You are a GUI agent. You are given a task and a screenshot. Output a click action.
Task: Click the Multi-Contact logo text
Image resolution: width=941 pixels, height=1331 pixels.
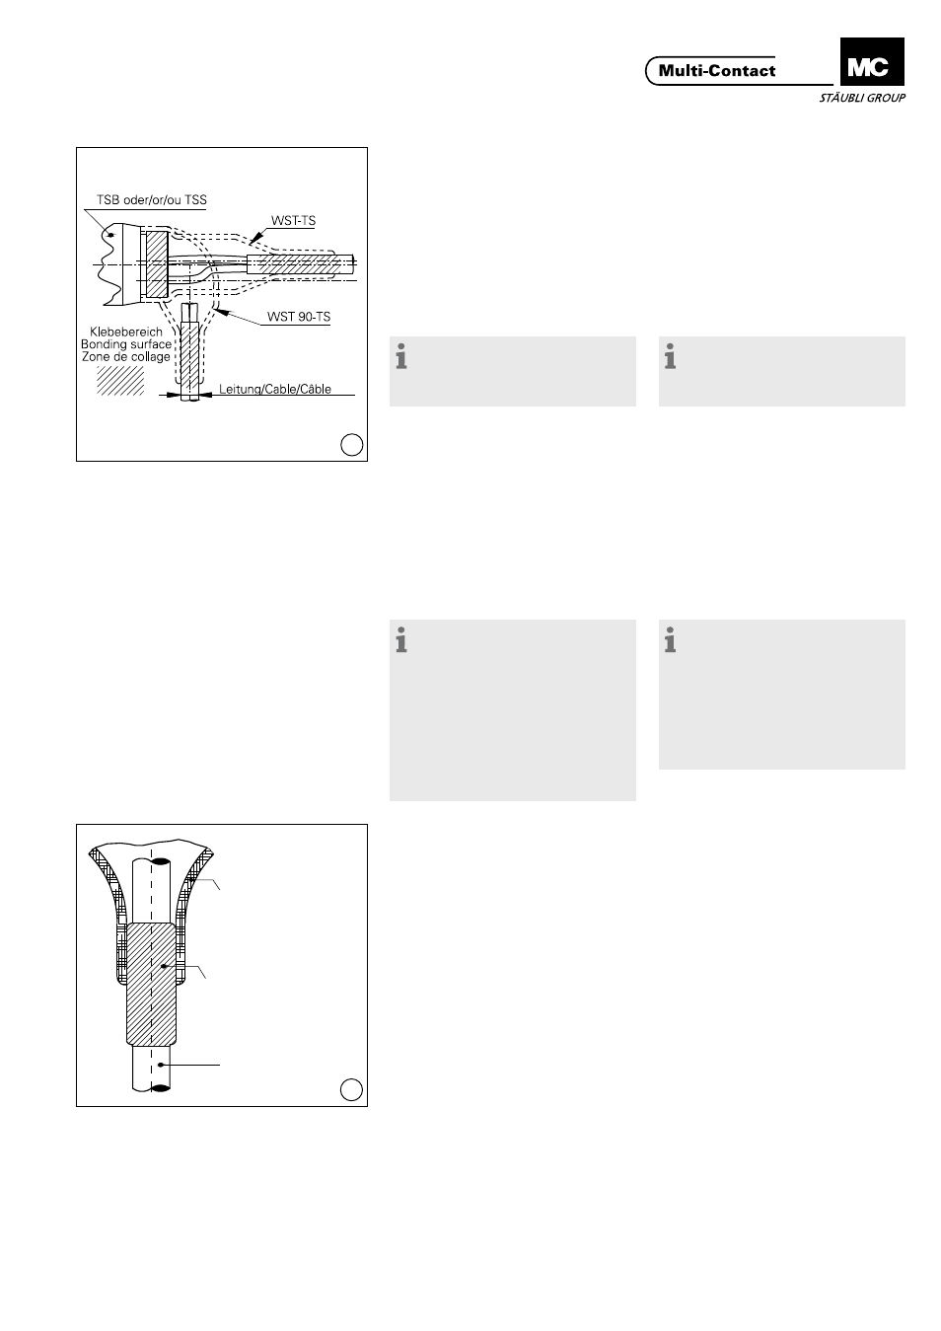click(716, 71)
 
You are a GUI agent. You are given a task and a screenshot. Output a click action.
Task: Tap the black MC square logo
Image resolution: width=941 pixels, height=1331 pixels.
click(872, 62)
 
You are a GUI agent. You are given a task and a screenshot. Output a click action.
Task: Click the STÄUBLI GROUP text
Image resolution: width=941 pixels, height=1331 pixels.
click(862, 98)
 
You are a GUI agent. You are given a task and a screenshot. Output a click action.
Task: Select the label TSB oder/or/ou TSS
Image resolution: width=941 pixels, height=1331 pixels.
click(152, 199)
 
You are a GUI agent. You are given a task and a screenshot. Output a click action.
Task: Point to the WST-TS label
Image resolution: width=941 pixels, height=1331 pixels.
click(294, 220)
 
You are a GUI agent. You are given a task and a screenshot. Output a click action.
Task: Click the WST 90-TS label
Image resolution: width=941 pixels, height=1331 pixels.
click(299, 317)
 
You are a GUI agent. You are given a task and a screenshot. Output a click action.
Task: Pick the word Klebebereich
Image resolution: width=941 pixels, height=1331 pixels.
click(126, 332)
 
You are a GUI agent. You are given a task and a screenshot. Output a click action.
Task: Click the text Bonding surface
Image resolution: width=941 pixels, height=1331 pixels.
click(126, 344)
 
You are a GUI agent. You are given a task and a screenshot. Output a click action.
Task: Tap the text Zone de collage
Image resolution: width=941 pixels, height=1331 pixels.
click(126, 356)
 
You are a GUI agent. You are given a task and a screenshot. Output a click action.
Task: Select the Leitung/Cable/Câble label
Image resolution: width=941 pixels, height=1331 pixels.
click(275, 389)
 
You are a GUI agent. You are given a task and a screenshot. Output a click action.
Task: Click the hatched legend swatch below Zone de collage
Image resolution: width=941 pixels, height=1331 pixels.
click(120, 381)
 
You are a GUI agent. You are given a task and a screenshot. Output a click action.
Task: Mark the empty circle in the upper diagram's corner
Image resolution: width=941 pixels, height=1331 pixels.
click(352, 444)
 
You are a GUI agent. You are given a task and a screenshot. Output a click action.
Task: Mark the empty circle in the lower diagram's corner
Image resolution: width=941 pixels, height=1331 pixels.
click(351, 1089)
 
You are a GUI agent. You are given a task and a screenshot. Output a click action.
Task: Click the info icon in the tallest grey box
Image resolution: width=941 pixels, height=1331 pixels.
click(401, 640)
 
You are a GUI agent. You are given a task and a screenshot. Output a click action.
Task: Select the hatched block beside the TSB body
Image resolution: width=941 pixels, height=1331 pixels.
click(157, 263)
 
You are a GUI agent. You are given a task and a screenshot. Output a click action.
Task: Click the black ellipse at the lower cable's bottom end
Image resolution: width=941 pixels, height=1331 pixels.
click(161, 1088)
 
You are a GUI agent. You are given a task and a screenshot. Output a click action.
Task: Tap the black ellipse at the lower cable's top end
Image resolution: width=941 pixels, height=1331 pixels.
click(161, 861)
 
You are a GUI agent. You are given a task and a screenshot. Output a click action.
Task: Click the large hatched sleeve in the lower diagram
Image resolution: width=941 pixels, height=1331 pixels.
click(152, 984)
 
